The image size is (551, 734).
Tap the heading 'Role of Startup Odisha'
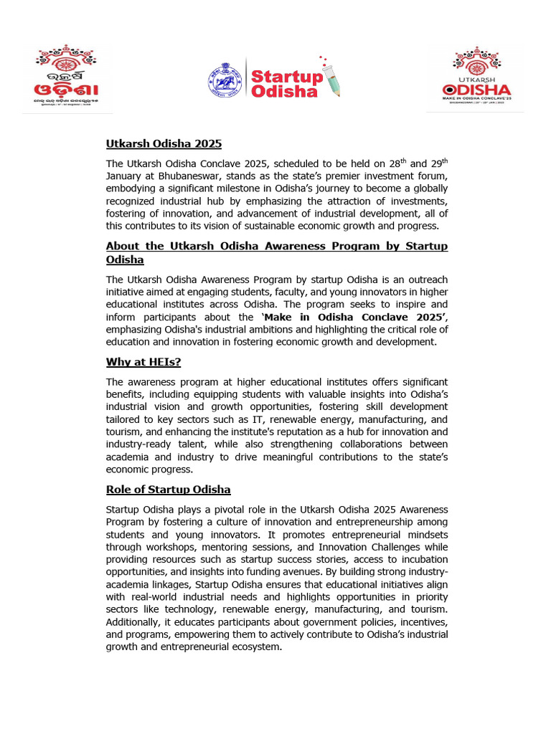pos(168,490)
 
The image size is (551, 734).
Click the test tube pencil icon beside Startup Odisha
pos(330,77)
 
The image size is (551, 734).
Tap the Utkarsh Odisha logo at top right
pos(475,77)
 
